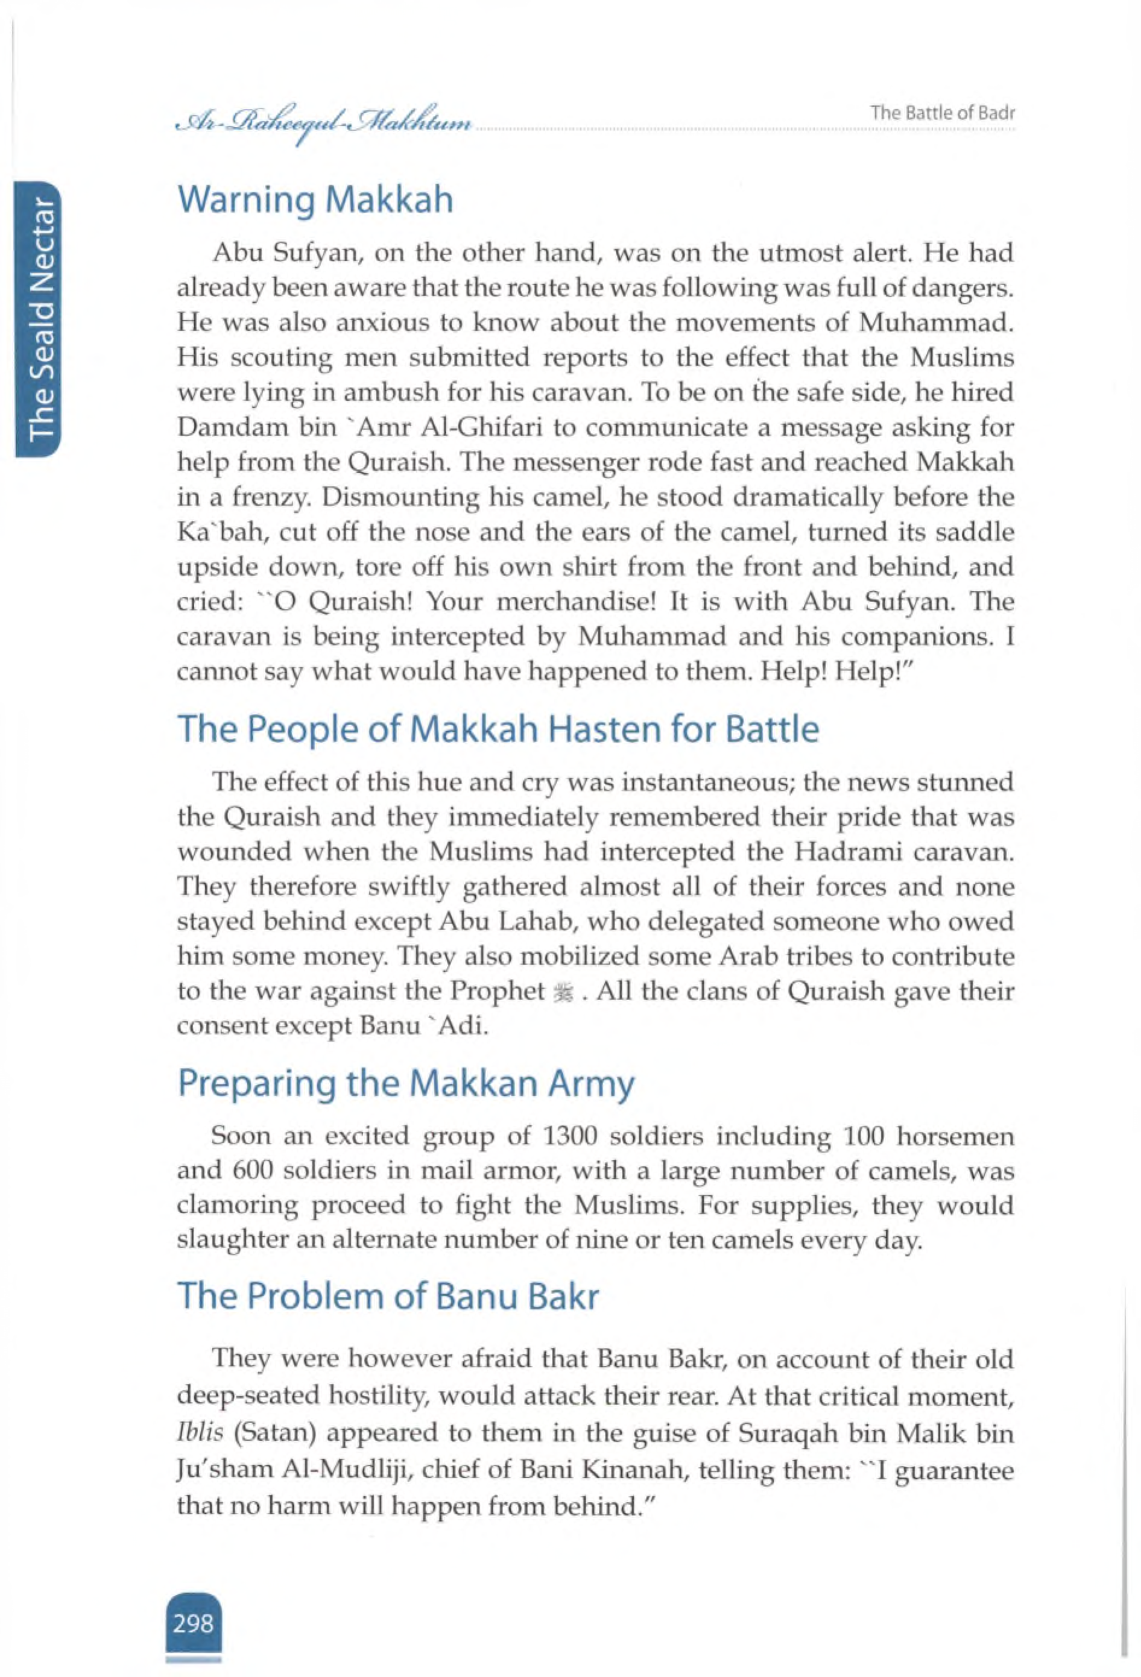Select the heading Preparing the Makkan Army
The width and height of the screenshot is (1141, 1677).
(x=406, y=1083)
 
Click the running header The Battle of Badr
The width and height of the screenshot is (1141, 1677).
(x=943, y=113)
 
